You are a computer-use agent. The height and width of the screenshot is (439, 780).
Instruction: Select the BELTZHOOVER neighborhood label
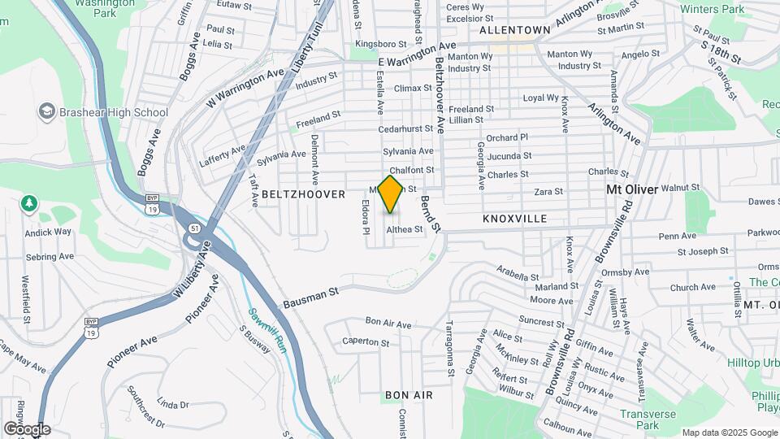point(293,194)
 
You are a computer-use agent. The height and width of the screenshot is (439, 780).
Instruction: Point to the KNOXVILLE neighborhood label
point(514,219)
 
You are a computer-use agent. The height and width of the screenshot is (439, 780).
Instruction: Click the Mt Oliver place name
point(632,189)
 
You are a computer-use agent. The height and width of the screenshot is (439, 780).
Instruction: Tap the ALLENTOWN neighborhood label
point(514,29)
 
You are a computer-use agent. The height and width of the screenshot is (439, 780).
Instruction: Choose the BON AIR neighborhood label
point(409,395)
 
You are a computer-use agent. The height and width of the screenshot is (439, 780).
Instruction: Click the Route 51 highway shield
point(193,229)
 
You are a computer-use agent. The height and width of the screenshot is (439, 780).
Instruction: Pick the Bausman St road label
point(310,298)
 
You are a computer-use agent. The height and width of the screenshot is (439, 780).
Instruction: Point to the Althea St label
point(405,230)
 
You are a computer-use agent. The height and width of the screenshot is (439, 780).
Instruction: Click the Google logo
point(27,429)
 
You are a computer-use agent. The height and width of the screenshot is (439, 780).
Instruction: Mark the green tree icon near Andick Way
point(29,202)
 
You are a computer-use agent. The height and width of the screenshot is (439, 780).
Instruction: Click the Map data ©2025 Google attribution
point(730,432)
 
